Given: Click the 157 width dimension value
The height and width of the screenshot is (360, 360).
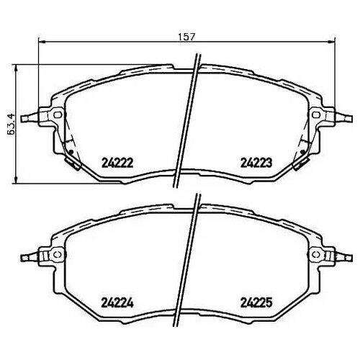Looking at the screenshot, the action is coord(187,37).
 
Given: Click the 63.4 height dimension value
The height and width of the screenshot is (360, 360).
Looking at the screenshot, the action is coord(11,125).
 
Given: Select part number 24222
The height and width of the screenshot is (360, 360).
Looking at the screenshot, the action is coord(117,163).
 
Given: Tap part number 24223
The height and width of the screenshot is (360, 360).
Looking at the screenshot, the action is coord(256,163).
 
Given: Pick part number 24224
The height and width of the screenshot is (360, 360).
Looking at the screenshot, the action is coord(117,303).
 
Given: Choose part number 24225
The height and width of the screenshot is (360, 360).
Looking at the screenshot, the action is coord(256,303).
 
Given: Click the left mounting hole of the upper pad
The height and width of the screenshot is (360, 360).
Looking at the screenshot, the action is coord(58,114).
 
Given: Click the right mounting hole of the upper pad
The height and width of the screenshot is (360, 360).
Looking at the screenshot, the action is coord(316,114).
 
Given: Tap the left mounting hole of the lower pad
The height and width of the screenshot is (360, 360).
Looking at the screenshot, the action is coord(58,255).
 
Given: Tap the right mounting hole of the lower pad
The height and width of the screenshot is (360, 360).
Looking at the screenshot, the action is coord(316,255).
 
